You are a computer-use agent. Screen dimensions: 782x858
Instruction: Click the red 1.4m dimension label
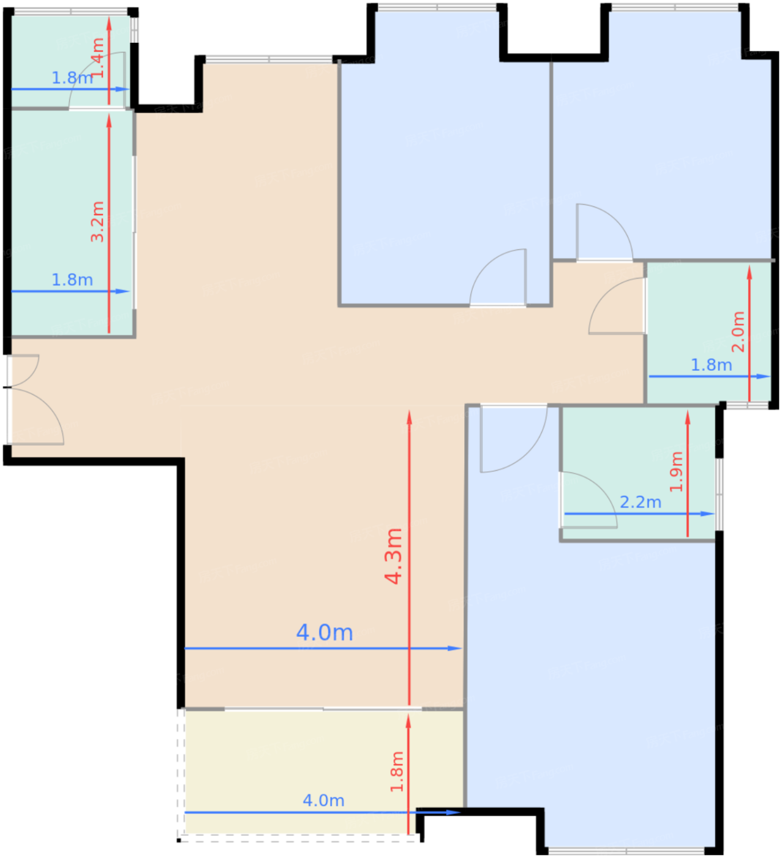point(98,58)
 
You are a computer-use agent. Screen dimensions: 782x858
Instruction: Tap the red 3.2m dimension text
point(97,222)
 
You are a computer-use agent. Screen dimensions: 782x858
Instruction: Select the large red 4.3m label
point(393,556)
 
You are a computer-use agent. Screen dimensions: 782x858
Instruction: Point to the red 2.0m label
point(738,332)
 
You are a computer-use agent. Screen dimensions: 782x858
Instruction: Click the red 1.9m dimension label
point(677,472)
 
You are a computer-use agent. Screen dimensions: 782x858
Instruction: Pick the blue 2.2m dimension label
point(641,502)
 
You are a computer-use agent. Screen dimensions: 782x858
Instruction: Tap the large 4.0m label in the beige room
point(325,632)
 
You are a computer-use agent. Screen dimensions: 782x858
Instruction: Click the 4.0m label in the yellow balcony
point(324,800)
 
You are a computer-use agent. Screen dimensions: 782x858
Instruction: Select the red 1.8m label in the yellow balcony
point(397,772)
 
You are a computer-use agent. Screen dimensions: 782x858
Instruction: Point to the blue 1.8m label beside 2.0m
point(712,365)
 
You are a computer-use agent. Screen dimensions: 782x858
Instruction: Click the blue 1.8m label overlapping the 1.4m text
point(72,78)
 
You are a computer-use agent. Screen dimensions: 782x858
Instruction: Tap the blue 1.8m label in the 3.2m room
point(72,279)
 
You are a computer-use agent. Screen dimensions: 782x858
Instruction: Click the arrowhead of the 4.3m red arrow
point(409,417)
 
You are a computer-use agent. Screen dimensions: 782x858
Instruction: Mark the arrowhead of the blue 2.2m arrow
point(708,514)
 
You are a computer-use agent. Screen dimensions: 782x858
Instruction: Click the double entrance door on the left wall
point(34,400)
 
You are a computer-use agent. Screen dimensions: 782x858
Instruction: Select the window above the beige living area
point(269,59)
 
